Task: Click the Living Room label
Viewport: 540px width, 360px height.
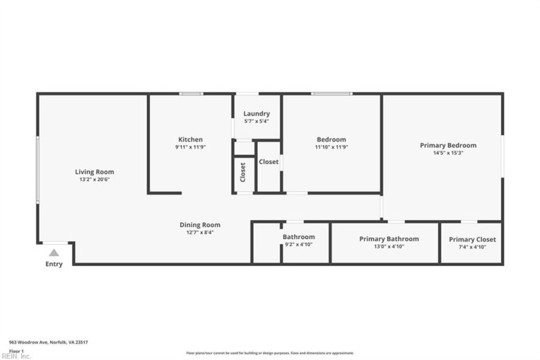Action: point(94,172)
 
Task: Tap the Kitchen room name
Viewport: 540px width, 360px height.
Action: point(190,139)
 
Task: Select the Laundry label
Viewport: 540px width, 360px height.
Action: point(256,113)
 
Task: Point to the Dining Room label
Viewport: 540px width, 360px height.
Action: point(200,225)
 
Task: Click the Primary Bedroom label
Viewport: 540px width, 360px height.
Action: point(448,145)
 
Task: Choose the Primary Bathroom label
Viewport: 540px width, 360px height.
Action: point(389,238)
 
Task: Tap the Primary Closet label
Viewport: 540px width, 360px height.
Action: point(472,239)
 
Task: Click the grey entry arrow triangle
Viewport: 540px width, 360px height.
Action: point(54,253)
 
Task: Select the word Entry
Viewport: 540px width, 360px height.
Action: point(54,264)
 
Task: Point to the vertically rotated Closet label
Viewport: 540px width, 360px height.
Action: point(243,172)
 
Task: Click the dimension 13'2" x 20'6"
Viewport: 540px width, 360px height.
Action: point(94,180)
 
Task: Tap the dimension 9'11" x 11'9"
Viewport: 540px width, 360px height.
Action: point(190,147)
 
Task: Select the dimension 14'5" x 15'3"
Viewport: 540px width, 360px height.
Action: point(448,153)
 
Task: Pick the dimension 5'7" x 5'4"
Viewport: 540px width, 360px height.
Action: point(256,122)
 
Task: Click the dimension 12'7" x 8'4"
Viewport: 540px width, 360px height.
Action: point(200,233)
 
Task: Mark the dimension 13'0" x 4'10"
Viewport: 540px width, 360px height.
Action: point(389,247)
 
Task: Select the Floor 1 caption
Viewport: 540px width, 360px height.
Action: point(17,351)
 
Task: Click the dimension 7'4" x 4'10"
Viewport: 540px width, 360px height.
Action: point(472,247)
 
